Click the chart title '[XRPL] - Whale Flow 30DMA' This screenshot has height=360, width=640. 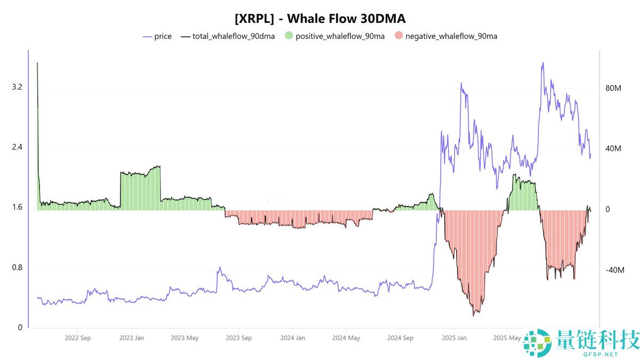pos(320,19)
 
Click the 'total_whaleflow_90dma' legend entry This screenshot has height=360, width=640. pos(233,36)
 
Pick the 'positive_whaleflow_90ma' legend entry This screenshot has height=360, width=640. pos(340,36)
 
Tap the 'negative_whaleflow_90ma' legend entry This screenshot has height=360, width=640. pos(451,36)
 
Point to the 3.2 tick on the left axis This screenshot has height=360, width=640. pos(17,87)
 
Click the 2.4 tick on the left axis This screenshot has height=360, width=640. pos(17,147)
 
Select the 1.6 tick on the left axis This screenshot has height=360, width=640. pos(17,207)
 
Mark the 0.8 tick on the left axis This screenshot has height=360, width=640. pos(17,268)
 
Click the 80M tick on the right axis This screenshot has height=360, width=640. pos(613,88)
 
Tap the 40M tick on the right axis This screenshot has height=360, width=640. pos(613,149)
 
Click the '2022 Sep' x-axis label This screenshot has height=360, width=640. pos(78,338)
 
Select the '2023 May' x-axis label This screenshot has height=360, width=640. pos(185,338)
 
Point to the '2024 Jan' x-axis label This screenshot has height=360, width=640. pos(292,338)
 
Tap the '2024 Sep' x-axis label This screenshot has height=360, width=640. pos(400,338)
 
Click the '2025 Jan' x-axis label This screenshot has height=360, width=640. pos(454,338)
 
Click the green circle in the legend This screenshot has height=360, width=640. pos(289,36)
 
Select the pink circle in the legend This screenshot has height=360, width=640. pos(399,36)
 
